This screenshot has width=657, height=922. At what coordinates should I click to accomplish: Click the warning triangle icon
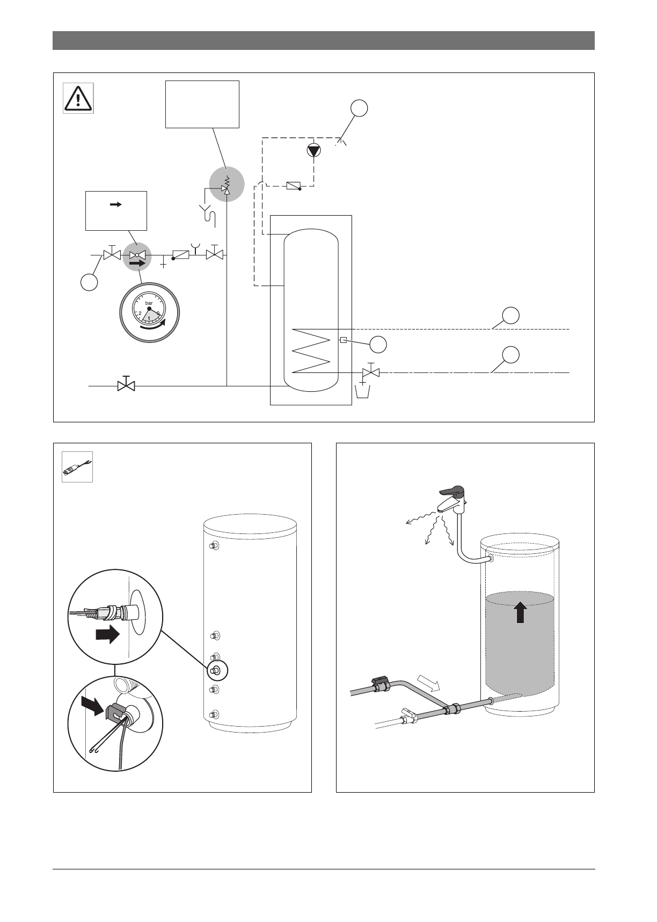click(79, 98)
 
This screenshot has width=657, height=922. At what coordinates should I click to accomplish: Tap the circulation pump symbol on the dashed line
click(314, 151)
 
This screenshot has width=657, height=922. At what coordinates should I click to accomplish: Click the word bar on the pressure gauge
click(149, 303)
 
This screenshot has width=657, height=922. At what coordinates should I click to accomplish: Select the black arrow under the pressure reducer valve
click(138, 264)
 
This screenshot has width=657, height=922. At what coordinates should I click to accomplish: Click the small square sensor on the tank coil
click(343, 339)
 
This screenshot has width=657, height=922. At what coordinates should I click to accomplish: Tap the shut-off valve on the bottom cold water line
click(126, 385)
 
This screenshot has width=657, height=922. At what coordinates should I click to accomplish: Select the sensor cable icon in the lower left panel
click(77, 467)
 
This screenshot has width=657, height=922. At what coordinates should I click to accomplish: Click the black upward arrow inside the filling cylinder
click(520, 612)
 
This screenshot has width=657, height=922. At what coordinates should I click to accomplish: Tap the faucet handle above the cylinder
click(451, 491)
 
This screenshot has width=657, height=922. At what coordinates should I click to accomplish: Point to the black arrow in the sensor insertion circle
click(107, 635)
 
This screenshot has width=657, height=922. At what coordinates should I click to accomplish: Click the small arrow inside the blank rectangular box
click(115, 204)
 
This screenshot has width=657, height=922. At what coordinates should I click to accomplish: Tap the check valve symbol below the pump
click(293, 186)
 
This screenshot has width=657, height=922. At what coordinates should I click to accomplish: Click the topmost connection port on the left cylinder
click(214, 545)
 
